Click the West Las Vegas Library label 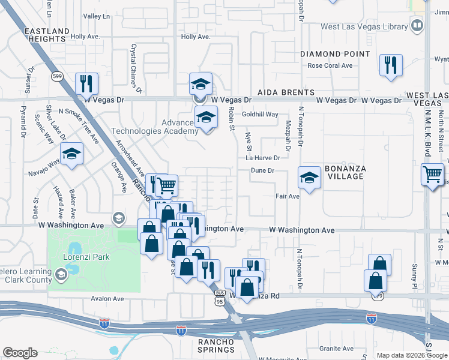point(364,26)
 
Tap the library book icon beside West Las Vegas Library point(417,26)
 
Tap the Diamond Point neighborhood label point(335,54)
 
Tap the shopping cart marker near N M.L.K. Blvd point(432,174)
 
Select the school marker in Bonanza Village point(309,178)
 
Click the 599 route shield point(57,76)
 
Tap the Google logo point(20,353)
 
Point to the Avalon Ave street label point(107,299)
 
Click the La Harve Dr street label point(263,158)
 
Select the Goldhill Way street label point(260,114)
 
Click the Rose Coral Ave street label point(330,65)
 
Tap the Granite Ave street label point(336,348)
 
